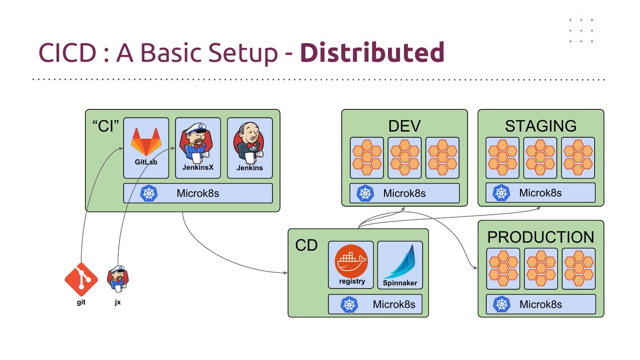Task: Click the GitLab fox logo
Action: tap(146, 141)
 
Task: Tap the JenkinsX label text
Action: tap(198, 168)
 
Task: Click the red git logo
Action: tap(81, 279)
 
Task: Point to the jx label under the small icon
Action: tap(118, 302)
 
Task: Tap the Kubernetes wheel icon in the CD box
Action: tap(349, 304)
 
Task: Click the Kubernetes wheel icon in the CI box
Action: tap(149, 194)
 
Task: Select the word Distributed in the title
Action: tap(372, 52)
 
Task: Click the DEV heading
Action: tap(404, 126)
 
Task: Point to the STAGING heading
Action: tap(540, 126)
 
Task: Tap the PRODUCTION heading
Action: tap(540, 237)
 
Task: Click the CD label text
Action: tap(306, 245)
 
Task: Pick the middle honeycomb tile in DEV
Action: tap(404, 157)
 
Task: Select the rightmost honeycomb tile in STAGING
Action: tap(578, 157)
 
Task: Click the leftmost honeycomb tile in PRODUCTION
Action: tap(503, 268)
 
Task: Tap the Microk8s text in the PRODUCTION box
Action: tap(540, 304)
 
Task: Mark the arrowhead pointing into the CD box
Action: tap(285, 272)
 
